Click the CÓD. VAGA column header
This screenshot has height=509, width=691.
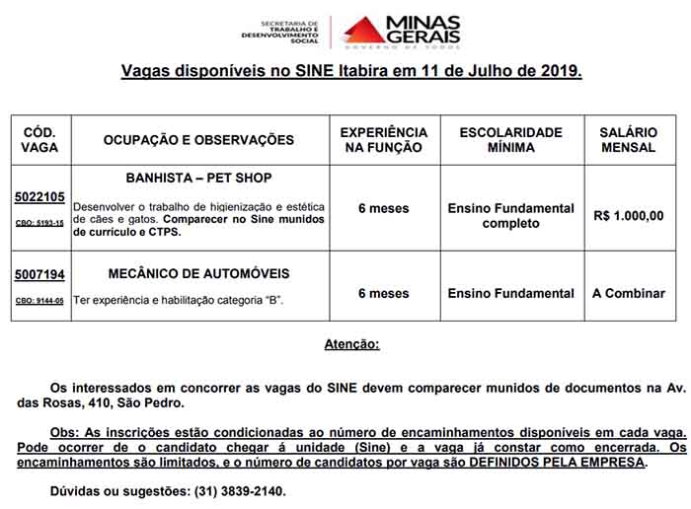(x=39, y=140)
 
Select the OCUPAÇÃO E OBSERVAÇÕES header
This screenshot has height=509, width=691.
(x=198, y=140)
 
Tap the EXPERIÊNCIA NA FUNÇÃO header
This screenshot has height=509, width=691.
(x=383, y=140)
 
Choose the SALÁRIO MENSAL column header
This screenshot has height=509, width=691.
(x=628, y=140)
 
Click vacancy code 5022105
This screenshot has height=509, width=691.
(x=39, y=196)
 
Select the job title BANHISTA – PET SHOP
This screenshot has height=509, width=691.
(x=199, y=178)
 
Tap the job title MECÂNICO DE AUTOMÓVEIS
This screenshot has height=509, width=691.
(x=199, y=273)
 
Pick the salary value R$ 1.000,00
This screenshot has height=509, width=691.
(x=629, y=215)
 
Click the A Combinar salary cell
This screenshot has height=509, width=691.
(x=629, y=293)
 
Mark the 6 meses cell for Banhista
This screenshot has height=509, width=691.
(x=383, y=208)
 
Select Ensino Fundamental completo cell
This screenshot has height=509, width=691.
(x=510, y=215)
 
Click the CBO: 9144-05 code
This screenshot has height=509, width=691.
(x=39, y=300)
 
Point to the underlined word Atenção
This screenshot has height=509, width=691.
(x=351, y=344)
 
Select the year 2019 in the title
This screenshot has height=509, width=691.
(x=559, y=72)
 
